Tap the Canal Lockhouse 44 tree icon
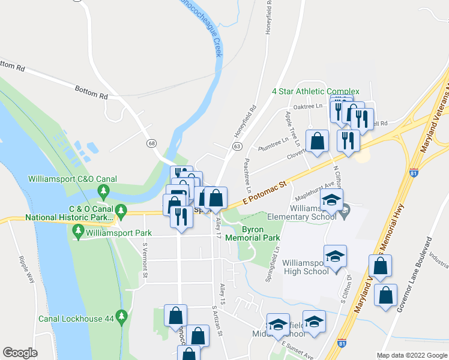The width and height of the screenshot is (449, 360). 122,316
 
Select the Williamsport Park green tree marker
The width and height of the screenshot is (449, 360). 78,230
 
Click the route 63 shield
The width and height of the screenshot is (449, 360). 237,146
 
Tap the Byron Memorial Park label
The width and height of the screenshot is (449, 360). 261,233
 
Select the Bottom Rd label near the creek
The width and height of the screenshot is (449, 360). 91,91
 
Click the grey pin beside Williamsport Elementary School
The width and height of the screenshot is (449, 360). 345,211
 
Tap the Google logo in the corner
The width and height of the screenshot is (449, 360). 20,353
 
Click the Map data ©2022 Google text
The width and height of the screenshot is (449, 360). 412,355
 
